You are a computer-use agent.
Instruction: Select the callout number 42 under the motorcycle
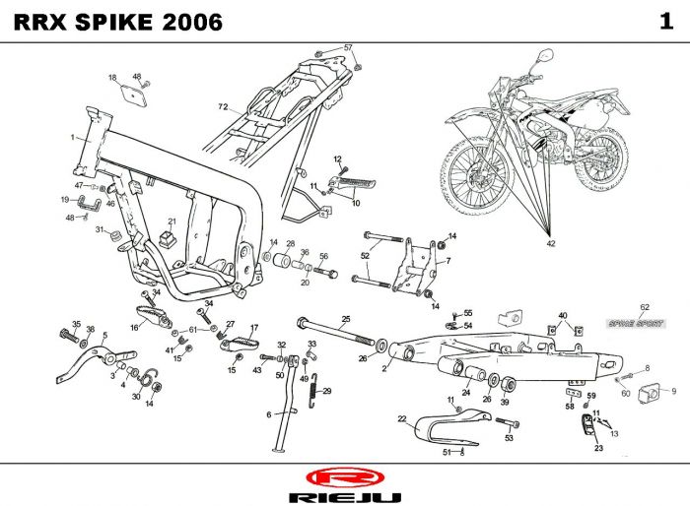coord(551,240)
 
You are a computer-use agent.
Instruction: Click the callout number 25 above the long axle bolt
coord(346,318)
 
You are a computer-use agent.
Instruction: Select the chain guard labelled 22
coord(439,429)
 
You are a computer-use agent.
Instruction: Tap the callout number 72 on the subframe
coord(223,106)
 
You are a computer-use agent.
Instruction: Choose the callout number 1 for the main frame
coord(72,138)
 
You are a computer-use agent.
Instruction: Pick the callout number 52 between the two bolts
coord(365,256)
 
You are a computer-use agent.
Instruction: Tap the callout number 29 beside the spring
coord(327,391)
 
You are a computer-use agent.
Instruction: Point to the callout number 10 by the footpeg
coord(356,203)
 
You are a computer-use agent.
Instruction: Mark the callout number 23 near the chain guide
coord(597,448)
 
